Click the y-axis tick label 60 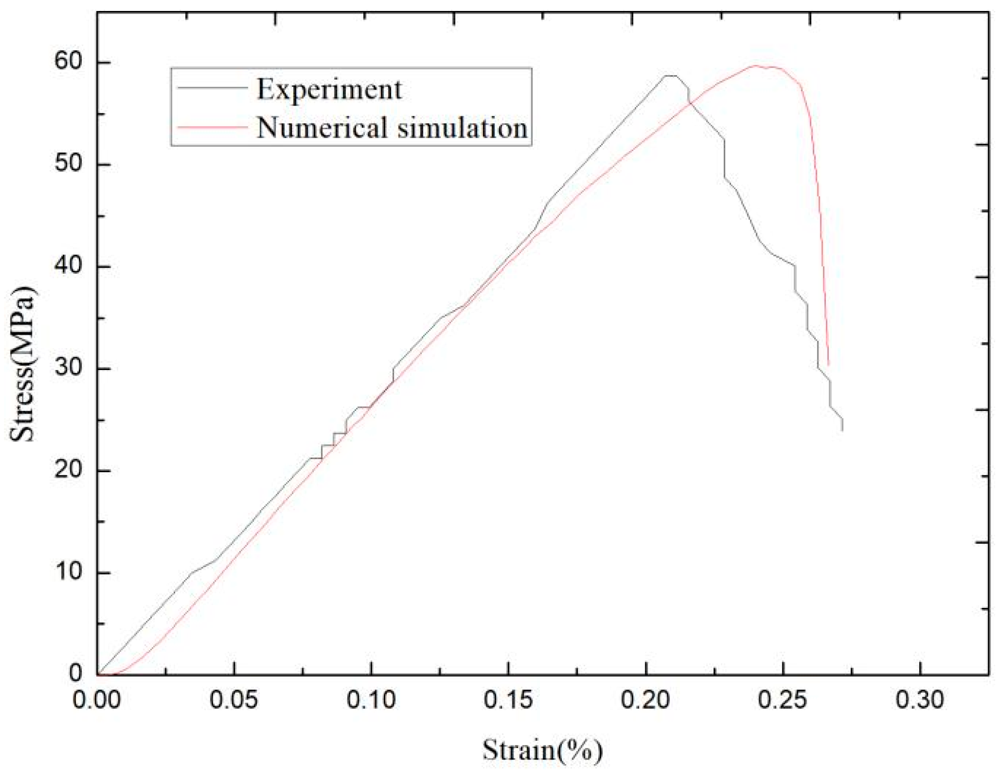(68, 61)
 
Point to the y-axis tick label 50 (68, 164)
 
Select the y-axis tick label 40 (68, 266)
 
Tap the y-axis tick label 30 (68, 368)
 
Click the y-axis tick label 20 (68, 470)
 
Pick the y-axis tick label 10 (68, 573)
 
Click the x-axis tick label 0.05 (234, 700)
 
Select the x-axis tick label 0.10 (371, 700)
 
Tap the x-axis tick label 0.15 (508, 700)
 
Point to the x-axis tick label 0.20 (645, 700)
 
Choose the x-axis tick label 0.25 (782, 700)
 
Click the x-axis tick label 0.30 (920, 700)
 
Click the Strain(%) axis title (542, 750)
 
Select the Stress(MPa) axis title (23, 364)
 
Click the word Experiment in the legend (329, 90)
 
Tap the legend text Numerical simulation (392, 128)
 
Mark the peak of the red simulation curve (755, 65)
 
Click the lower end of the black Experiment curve (842, 430)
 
